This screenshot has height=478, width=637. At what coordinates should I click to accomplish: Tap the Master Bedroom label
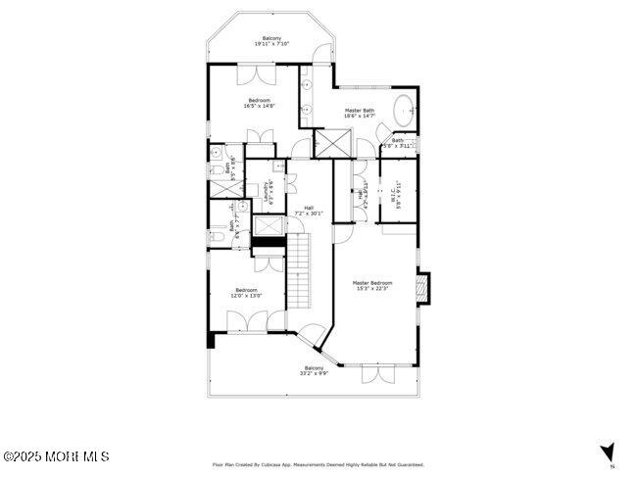coord(371,282)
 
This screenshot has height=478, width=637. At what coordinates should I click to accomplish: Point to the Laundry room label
coord(267,190)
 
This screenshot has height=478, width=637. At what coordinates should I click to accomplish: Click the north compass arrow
coord(608,452)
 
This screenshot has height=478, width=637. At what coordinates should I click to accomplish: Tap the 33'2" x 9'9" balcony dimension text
coord(314,373)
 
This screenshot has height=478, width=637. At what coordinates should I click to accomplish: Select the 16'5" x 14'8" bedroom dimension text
coord(260,106)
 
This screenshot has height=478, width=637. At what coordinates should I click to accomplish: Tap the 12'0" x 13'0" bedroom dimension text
coord(246,295)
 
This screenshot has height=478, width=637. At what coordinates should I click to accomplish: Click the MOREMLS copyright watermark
coord(56,456)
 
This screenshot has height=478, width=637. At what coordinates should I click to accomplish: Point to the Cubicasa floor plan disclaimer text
coord(318,464)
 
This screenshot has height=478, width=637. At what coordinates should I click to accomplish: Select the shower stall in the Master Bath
coord(332,143)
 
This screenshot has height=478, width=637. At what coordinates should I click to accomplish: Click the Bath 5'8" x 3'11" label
coord(398,143)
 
